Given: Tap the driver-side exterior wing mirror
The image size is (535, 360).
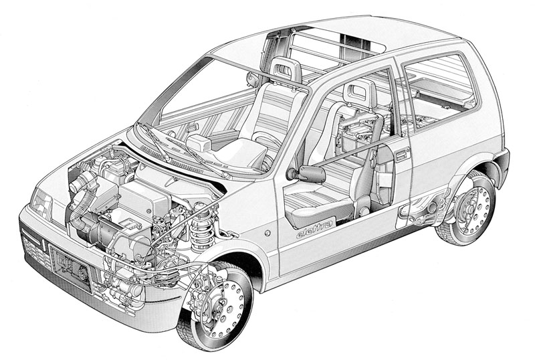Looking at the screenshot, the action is (309, 173).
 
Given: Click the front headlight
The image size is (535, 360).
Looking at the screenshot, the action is (41, 203).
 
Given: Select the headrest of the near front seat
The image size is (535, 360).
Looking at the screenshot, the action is (359, 92).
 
